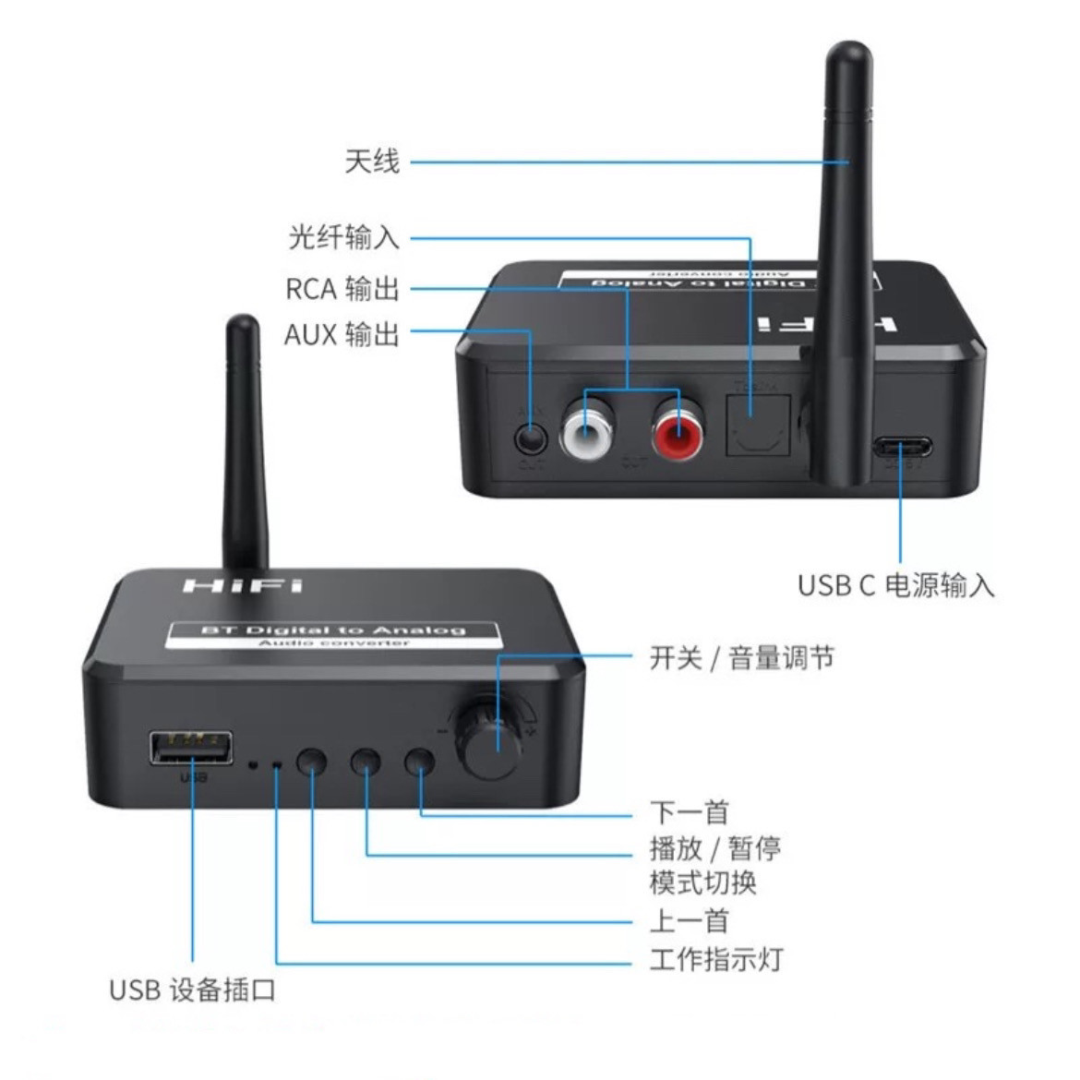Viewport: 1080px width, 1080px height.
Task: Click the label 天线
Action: [x=372, y=162]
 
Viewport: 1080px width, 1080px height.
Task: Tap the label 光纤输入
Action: [x=344, y=238]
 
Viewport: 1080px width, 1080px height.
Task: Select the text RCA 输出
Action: [x=342, y=289]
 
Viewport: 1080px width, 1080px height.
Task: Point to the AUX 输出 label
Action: [x=342, y=333]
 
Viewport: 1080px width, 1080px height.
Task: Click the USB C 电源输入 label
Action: [x=895, y=585]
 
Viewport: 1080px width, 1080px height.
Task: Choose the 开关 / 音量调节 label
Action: [x=742, y=658]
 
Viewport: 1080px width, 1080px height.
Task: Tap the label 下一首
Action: [x=689, y=812]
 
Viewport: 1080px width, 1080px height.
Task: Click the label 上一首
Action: [x=689, y=920]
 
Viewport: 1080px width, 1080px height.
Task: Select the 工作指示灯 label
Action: [x=716, y=959]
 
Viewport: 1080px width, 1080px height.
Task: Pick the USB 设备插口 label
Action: [x=192, y=990]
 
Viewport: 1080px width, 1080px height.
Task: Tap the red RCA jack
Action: [x=679, y=427]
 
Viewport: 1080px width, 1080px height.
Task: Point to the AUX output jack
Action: [x=530, y=435]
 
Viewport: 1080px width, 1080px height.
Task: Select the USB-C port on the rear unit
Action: [x=902, y=450]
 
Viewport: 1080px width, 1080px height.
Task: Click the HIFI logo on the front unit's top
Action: [x=242, y=585]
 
